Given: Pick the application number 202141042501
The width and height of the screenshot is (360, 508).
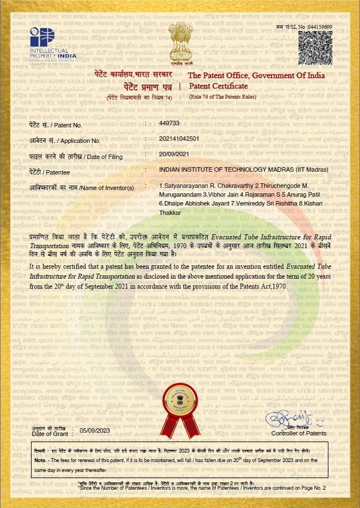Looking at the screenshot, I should click(x=181, y=138).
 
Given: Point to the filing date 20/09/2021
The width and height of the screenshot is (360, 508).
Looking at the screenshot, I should click(x=174, y=153).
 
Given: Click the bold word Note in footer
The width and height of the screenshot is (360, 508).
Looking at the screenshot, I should click(x=40, y=460).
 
